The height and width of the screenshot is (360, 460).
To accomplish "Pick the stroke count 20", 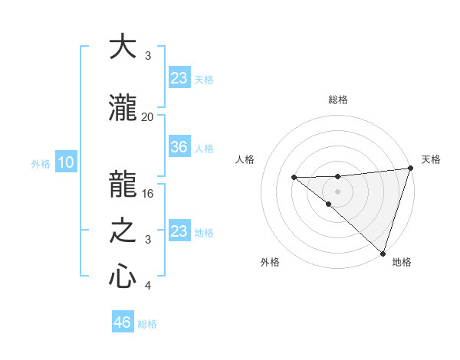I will coord(148,117).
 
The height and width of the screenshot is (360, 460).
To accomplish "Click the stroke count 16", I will coord(148,194).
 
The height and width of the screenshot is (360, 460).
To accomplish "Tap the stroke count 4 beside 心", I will coord(148,286).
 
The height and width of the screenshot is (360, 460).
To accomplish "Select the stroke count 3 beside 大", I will coord(148,56).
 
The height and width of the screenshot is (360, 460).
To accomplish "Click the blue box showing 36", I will coord(179,147).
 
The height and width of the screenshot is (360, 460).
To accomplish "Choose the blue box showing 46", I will coord(122,322).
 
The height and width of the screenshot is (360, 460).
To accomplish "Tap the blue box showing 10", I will coord(65,162).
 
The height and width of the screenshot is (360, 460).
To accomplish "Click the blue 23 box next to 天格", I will coord(179,78).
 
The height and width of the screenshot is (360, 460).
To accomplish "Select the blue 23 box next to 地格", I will coord(179,231).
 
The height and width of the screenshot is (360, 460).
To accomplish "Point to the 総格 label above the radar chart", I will coord(338,100).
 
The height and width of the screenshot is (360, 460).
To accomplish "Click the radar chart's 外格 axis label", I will coord(270,262).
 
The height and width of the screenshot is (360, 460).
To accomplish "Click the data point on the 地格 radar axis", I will coord(383,253).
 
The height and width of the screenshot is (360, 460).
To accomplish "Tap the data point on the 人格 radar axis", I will coord(294,178).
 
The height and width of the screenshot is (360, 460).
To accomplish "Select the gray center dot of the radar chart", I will coord(338,191).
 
